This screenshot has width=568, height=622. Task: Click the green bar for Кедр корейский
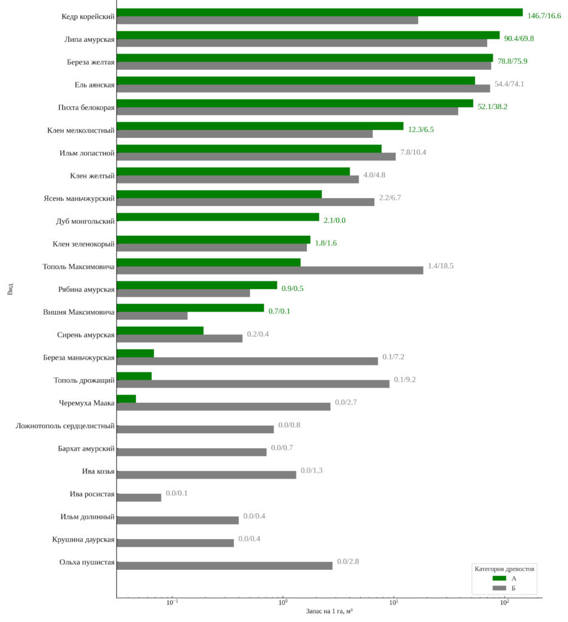point(319,12)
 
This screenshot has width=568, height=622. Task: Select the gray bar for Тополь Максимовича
point(270,270)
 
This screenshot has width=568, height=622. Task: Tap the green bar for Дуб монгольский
point(217,217)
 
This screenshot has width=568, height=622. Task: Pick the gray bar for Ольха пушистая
point(224,566)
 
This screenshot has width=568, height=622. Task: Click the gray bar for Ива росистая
point(139,497)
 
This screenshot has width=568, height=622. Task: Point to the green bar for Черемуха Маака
point(126,398)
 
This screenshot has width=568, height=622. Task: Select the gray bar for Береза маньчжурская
point(247,361)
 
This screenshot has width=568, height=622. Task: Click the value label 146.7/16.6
point(544,16)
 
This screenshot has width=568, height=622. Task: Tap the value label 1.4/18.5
point(440,266)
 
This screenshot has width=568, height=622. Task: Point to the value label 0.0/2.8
point(348,561)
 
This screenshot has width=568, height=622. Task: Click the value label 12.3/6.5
point(421,129)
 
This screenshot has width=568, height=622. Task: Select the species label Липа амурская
point(89,39)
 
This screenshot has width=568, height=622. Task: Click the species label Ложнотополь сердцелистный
point(65,426)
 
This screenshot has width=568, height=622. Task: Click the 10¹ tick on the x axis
point(394,598)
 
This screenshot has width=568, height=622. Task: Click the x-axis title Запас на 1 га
point(329,610)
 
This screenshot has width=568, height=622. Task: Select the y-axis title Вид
point(10,289)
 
